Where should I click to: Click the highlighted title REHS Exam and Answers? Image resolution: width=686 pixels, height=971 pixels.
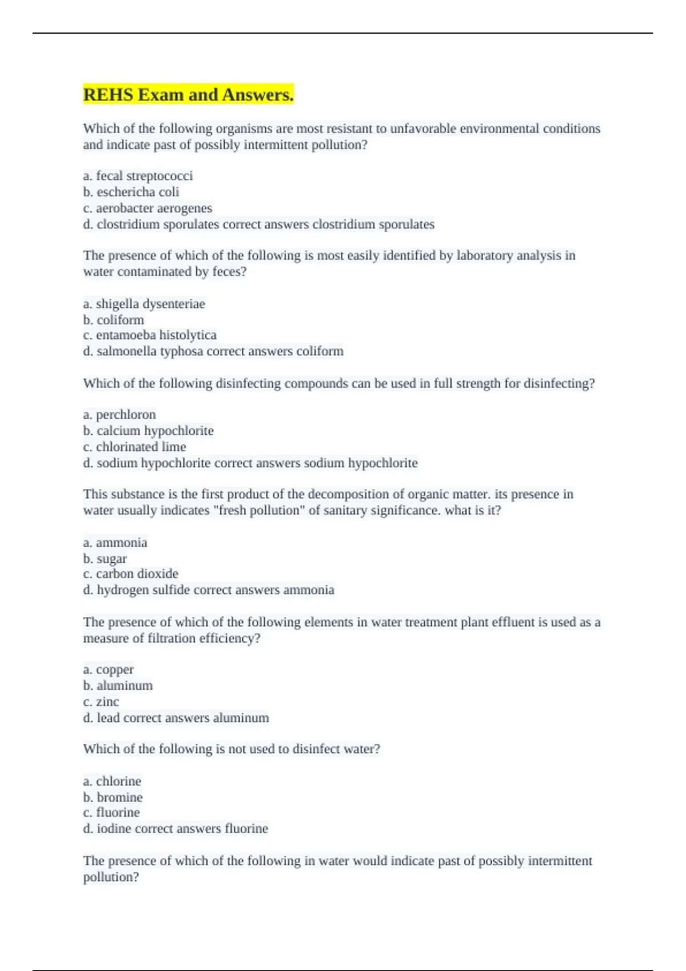click(188, 94)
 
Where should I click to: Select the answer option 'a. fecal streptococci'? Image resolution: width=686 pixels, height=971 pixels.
click(138, 176)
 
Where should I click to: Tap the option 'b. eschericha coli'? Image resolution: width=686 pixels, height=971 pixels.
click(131, 192)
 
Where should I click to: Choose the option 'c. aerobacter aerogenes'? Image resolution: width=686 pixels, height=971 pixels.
click(147, 208)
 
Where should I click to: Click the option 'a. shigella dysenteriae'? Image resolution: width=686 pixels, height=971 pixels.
click(144, 304)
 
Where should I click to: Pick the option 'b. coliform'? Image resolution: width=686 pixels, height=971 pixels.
click(114, 320)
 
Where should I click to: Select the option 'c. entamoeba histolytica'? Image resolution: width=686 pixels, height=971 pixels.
click(150, 335)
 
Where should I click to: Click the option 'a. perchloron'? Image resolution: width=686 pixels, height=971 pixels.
click(119, 415)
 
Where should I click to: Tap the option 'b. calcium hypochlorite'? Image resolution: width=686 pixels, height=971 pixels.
click(148, 431)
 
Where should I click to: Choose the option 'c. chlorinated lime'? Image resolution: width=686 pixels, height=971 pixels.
click(134, 447)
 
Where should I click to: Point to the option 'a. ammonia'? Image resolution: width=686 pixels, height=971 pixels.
click(115, 543)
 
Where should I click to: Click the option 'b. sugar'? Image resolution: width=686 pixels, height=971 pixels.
click(105, 559)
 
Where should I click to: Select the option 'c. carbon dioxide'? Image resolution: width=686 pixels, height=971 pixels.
click(130, 574)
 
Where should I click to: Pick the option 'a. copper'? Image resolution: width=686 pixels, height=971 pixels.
click(109, 669)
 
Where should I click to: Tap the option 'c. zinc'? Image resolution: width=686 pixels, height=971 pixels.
click(101, 702)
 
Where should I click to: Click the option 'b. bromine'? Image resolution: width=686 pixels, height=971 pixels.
click(113, 797)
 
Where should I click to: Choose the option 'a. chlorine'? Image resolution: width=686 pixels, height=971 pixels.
click(112, 781)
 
